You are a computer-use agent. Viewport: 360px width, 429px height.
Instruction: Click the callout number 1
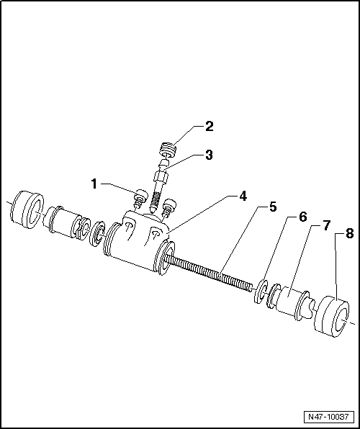click(x=94, y=184)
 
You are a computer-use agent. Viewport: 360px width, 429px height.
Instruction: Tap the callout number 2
click(x=209, y=127)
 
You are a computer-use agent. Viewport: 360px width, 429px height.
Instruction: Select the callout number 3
click(x=209, y=154)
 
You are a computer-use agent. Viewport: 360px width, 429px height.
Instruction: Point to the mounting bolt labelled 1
click(x=140, y=197)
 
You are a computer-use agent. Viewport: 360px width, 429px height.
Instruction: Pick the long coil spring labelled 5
click(x=212, y=271)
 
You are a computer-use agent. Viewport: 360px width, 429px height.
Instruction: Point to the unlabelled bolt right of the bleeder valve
click(x=170, y=207)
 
